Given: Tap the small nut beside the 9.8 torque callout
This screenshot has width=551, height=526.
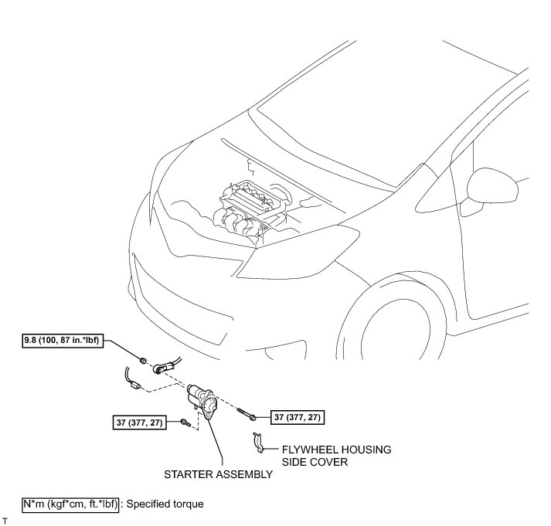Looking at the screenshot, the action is pyautogui.click(x=144, y=360).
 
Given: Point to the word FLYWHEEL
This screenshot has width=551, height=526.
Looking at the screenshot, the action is pyautogui.click(x=306, y=449).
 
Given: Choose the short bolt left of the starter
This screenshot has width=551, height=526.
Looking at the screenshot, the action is pyautogui.click(x=185, y=422).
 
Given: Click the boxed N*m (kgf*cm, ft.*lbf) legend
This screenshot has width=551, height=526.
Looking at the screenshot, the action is pyautogui.click(x=70, y=504).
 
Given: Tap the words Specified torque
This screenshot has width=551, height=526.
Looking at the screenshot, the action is pyautogui.click(x=164, y=504).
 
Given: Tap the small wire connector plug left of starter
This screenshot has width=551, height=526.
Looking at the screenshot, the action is pyautogui.click(x=134, y=384).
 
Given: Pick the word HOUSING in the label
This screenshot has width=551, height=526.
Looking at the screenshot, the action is pyautogui.click(x=366, y=449).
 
